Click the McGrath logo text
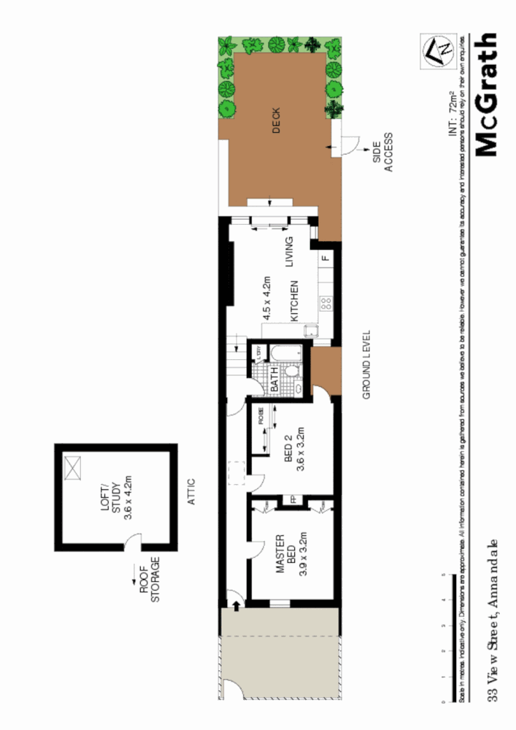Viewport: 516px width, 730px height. pos(486,93)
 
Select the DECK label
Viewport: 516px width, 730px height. pos(276,120)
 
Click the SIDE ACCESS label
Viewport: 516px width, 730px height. pos(383,152)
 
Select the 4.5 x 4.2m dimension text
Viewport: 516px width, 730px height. pos(267,298)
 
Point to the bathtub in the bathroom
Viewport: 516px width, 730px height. pos(280,354)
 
